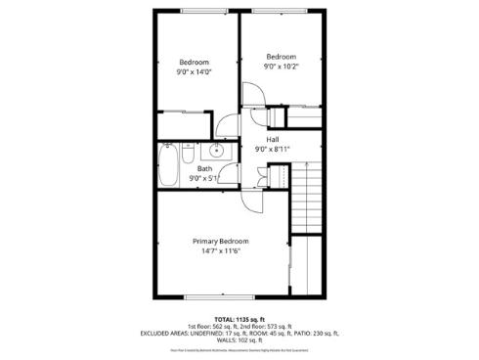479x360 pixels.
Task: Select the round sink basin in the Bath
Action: point(214,151)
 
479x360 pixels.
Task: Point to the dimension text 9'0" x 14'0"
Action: point(194,71)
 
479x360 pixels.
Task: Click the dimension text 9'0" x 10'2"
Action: point(282,67)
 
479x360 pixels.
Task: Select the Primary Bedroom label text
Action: point(220,241)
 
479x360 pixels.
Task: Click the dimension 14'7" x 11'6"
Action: point(220,251)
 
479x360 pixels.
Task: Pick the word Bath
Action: point(203,168)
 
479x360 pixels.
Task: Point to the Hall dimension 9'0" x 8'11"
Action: point(273,150)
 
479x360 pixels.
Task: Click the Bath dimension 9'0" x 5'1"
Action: point(203,178)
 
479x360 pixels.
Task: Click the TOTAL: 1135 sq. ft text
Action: point(239,319)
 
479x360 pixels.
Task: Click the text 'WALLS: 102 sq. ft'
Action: point(239,340)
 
